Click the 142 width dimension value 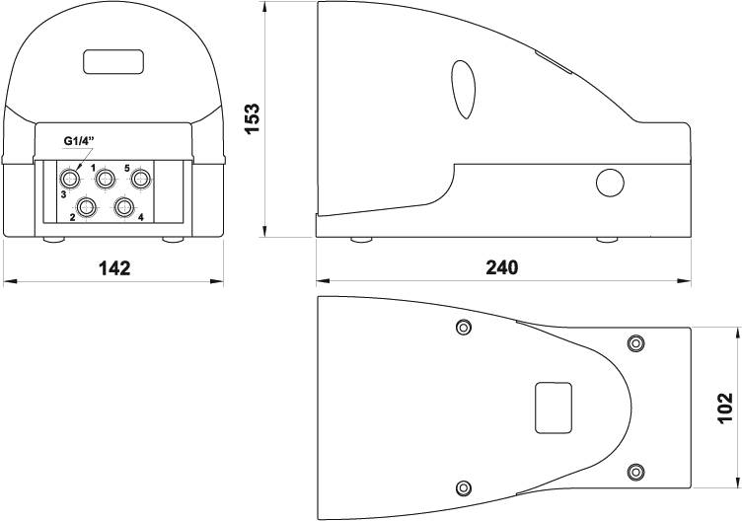pyautogui.click(x=114, y=268)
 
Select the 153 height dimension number pyautogui.click(x=253, y=118)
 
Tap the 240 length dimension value pyautogui.click(x=502, y=267)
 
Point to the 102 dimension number pyautogui.click(x=725, y=408)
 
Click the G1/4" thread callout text pyautogui.click(x=79, y=140)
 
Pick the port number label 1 pyautogui.click(x=93, y=168)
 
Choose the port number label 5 pyautogui.click(x=127, y=168)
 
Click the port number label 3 pyautogui.click(x=63, y=194)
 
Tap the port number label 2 pyautogui.click(x=72, y=217)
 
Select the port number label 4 pyautogui.click(x=140, y=217)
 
